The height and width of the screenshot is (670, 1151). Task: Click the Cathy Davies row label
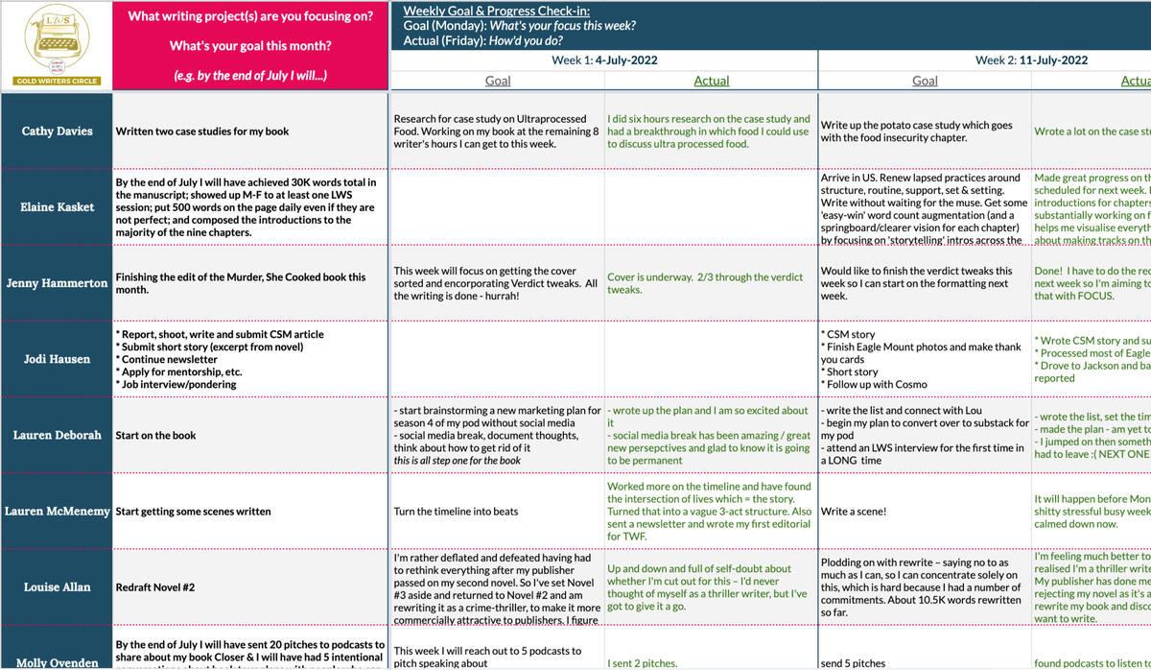(57, 132)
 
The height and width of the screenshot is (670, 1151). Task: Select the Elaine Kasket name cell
(57, 207)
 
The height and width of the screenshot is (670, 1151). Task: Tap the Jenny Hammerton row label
(57, 283)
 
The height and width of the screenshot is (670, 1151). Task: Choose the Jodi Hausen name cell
(57, 359)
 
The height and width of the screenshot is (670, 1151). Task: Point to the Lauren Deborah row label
(57, 435)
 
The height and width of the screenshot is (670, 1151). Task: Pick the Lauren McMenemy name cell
(57, 512)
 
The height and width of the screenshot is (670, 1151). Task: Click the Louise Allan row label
(57, 586)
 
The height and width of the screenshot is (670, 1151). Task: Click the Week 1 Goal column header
(498, 81)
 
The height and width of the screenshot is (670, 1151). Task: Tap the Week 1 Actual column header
(711, 81)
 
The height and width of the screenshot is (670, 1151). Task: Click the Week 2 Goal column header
(925, 81)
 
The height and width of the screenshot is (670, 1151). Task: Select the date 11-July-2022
(1053, 60)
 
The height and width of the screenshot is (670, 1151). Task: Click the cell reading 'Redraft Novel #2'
(155, 586)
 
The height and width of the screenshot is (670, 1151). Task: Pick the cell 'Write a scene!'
(854, 512)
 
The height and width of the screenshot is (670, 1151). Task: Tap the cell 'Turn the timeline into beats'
(456, 512)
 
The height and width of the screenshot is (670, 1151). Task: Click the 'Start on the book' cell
(155, 435)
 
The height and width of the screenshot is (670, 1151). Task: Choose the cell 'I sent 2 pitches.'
(642, 662)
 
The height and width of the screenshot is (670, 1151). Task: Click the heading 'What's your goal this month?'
(250, 45)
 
